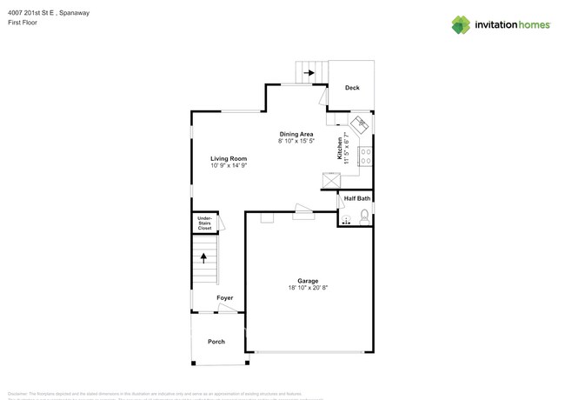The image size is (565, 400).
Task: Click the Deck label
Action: [x=352, y=88]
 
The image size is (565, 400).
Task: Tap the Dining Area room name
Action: [x=296, y=134]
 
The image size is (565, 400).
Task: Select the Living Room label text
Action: [x=229, y=159]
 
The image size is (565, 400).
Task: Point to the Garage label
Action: [x=308, y=281]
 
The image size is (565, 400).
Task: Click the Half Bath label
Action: [x=356, y=199]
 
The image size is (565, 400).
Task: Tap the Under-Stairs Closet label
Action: [x=204, y=223]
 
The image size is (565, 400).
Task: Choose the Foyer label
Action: [x=225, y=298]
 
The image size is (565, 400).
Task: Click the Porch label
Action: [x=216, y=342]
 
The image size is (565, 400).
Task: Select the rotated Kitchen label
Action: [x=340, y=149]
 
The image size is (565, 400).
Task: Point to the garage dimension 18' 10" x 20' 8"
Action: [x=308, y=288]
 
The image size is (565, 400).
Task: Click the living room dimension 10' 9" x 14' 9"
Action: [x=229, y=165]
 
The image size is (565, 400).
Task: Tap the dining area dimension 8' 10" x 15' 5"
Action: [x=296, y=141]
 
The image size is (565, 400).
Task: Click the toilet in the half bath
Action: [x=363, y=217]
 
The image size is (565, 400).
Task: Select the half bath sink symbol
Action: [x=346, y=219]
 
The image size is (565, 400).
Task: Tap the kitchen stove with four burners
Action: [x=366, y=157]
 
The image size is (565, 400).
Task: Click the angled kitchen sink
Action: [x=361, y=123]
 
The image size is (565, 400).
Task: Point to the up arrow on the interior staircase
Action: [x=205, y=257]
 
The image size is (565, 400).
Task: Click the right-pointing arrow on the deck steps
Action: [x=309, y=74]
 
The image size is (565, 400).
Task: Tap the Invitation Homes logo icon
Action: [x=461, y=24]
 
